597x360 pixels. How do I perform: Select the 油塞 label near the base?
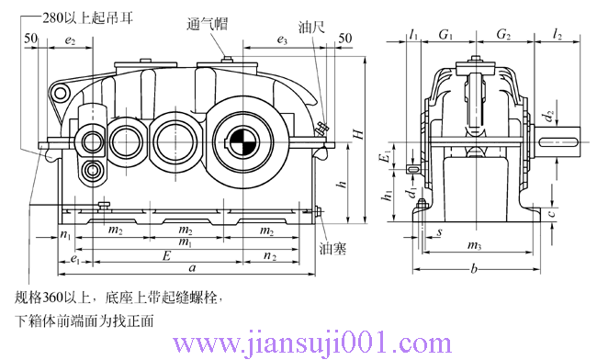332,248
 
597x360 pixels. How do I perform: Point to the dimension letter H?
359,133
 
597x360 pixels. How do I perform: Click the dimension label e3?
282,41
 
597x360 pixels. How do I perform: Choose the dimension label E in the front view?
165,254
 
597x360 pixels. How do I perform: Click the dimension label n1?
64,234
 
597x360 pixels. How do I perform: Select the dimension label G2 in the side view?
502,35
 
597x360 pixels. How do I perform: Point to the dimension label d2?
548,118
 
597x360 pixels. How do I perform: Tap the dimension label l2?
558,35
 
